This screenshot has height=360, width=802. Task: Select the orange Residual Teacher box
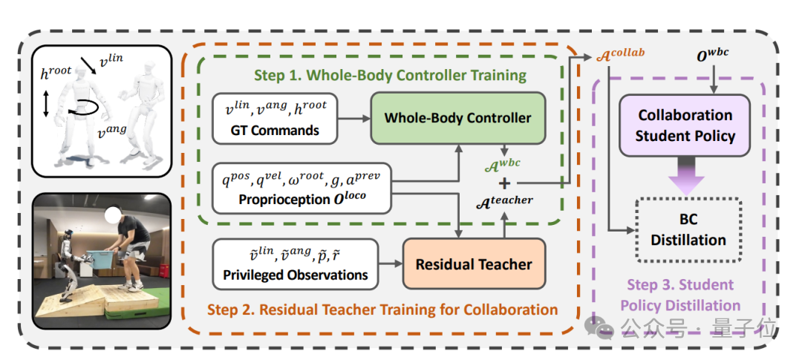[x=473, y=264]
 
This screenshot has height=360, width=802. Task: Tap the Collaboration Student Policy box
[x=685, y=125]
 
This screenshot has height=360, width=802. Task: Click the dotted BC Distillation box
[x=688, y=230]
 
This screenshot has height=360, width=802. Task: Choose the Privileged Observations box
[x=295, y=264]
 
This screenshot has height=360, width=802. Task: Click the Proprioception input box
[x=301, y=189]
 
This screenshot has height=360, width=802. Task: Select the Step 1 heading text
[x=390, y=75]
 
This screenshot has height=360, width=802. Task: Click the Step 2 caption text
[x=382, y=309]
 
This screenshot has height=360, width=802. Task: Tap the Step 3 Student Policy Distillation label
[x=680, y=295]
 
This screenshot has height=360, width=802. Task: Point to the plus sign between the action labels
[x=505, y=183]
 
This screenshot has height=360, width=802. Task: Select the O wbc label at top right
[x=714, y=55]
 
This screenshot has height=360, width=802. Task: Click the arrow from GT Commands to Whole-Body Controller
[x=354, y=117]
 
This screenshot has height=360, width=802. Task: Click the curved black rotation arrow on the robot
[x=79, y=110]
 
